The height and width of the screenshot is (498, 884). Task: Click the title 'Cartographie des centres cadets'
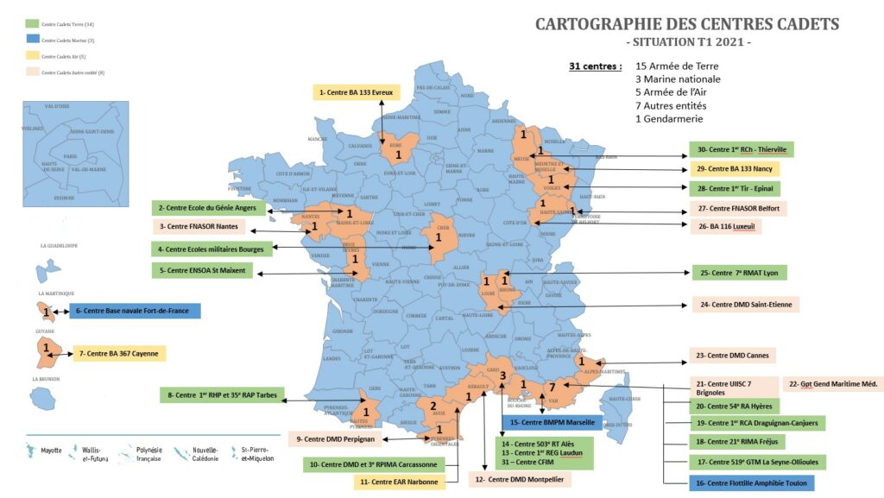click(x=686, y=23)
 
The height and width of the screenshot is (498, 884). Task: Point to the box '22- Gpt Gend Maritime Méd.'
click(x=834, y=384)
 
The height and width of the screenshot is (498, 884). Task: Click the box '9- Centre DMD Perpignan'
click(x=336, y=439)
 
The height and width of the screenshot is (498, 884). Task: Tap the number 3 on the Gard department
click(x=502, y=375)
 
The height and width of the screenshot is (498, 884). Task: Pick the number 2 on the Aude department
click(x=433, y=407)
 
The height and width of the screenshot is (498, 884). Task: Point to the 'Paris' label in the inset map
click(x=71, y=156)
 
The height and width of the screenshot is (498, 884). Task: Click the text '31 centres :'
click(x=595, y=66)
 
